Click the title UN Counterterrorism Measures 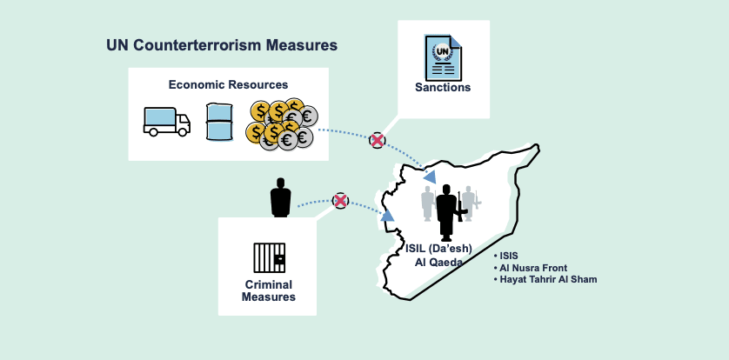coord(222,44)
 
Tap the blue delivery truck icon coord(166,121)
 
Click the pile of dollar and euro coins coord(280,123)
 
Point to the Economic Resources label coord(228,84)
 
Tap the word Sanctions coord(443,87)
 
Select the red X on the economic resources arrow coord(377,140)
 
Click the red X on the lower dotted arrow coord(341,201)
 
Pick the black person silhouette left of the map coord(280,198)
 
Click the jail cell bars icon coord(269,257)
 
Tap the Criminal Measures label coord(269,290)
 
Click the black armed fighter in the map coord(447,211)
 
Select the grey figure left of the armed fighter coord(427,203)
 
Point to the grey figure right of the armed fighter coord(469,203)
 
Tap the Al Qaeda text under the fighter coord(438,262)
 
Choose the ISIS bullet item coord(508,257)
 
